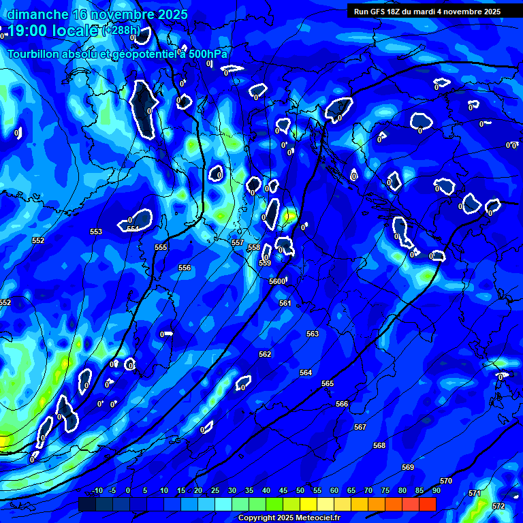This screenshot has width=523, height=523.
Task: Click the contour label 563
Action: coord(313,334)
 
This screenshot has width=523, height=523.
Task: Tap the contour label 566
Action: coord(342,404)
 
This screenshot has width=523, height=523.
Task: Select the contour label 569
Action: coord(408,467)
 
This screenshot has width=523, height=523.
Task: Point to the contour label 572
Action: coord(498,506)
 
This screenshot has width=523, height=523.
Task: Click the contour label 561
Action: coord(285,303)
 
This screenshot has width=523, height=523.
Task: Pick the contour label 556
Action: coord(185,268)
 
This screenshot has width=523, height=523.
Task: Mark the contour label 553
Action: coord(96,232)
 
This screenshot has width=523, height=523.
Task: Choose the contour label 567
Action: coord(360,427)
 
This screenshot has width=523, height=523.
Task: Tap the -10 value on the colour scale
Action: coord(97,491)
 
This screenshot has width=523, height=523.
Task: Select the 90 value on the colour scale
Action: coord(436,491)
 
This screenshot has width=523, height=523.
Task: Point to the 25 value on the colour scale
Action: coord(215,491)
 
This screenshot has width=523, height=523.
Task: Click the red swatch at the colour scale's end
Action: coord(428,504)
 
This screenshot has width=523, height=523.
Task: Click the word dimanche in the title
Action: coord(37,14)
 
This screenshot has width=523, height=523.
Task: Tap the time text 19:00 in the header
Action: coord(32,31)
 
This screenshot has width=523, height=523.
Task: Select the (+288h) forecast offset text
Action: coord(121,31)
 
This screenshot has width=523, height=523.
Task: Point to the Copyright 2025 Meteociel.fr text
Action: coord(289,518)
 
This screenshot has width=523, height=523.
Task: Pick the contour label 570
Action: coord(446,481)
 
